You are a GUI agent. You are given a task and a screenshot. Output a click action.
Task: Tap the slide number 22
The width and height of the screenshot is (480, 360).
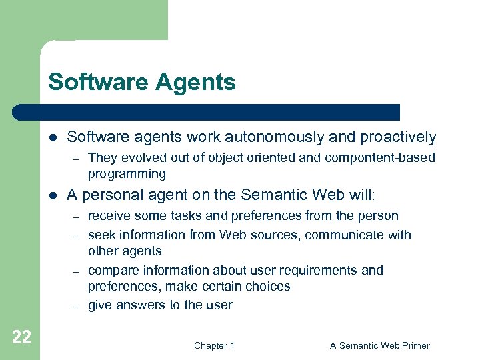pos(21,337)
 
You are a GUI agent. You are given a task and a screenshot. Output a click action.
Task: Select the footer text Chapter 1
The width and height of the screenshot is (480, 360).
pos(214,345)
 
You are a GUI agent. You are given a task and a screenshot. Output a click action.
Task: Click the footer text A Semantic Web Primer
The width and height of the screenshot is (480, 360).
pos(380,345)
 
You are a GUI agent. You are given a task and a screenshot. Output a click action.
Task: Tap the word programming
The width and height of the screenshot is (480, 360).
pos(127,174)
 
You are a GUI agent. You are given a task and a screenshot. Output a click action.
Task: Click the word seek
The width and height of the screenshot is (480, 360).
pos(101,235)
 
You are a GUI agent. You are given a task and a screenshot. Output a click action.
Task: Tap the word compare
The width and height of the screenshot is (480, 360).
pos(111,270)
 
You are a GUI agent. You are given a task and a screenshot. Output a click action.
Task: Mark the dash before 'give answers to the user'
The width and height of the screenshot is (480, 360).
pos(77,305)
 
